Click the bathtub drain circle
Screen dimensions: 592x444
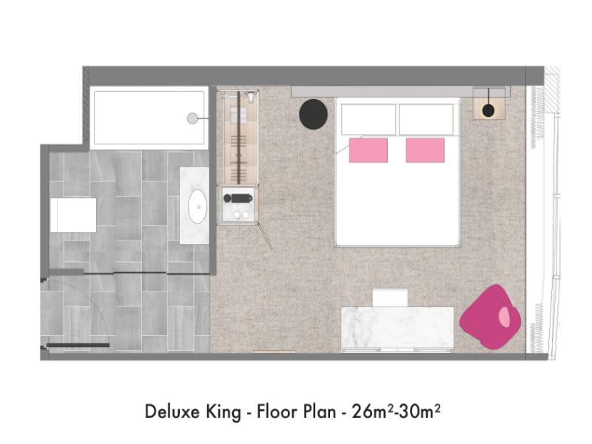pos(192,118)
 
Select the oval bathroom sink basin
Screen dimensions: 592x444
pos(198,206)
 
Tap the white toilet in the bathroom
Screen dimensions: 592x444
pos(73,215)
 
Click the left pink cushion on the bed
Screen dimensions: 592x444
pos(368,150)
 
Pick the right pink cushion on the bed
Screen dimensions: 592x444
pos(425,150)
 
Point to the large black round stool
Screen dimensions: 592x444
pos(313,114)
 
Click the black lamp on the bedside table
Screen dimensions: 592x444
pos(488,110)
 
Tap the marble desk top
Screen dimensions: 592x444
pos(397,328)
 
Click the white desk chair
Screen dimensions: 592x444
pos(390,298)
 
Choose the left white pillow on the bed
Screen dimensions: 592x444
pos(369,119)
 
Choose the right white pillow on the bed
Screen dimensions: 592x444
pos(426,119)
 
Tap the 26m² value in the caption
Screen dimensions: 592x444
pos(373,411)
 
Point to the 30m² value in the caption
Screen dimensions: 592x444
pos(420,411)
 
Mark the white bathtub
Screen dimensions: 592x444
pos(149,118)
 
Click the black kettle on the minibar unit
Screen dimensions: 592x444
pos(238,198)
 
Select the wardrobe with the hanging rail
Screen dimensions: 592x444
pos(238,138)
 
